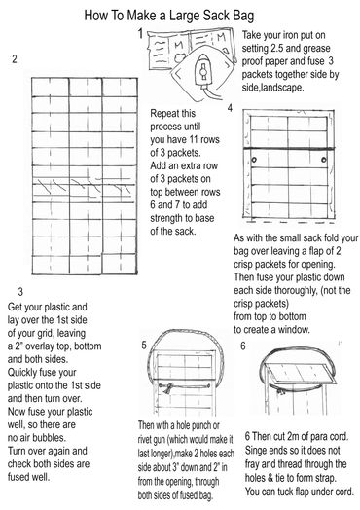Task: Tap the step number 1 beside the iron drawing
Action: click(140, 33)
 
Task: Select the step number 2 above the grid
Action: click(15, 59)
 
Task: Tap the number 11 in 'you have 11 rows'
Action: click(195, 139)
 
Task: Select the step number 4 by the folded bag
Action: click(230, 108)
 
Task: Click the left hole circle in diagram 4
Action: click(254, 160)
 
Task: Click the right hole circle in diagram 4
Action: click(324, 160)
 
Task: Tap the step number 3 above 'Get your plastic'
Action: click(20, 291)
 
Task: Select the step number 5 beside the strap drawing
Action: click(144, 346)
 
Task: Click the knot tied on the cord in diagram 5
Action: click(166, 388)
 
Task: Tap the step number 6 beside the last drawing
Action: click(243, 346)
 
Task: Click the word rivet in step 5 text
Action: click(146, 439)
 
